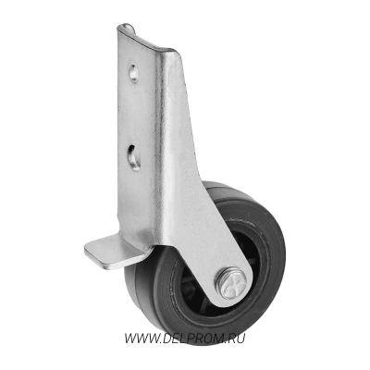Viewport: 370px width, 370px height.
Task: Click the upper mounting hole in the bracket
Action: click(133, 73)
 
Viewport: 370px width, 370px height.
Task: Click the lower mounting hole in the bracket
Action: click(134, 157)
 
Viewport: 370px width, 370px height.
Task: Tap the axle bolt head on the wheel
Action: click(231, 282)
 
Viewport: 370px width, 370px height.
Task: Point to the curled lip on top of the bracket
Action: click(127, 29)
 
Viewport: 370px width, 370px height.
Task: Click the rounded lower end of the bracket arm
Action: click(234, 296)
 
